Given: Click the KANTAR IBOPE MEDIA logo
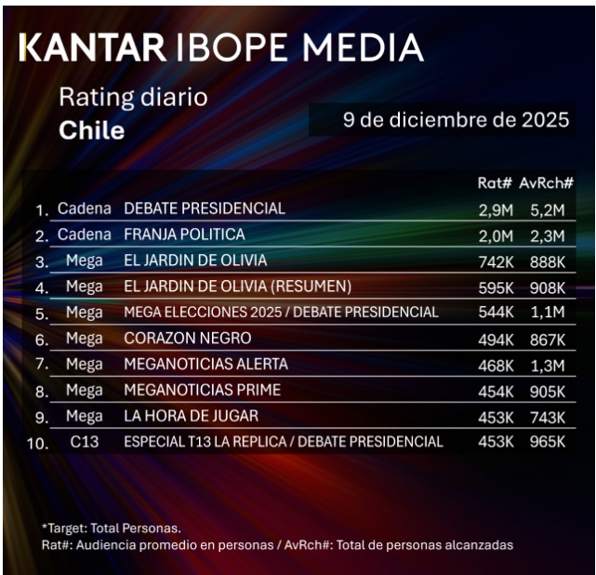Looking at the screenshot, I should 220,47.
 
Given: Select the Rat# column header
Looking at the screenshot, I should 494,183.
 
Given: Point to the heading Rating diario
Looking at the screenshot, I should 133,97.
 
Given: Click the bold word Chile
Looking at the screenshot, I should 91,130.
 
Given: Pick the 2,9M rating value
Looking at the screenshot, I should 495,208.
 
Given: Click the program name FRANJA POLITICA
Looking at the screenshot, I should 184,234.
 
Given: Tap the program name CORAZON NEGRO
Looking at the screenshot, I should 187,338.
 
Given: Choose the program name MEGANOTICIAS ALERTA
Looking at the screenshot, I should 205,364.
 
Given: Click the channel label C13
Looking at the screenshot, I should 85,441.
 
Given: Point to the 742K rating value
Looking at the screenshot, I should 495,261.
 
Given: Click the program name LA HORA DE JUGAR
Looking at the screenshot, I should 191,415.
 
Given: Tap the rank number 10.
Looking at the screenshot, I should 37,444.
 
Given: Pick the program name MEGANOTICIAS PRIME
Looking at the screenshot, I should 202,390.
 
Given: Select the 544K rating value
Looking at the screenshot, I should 495,312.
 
